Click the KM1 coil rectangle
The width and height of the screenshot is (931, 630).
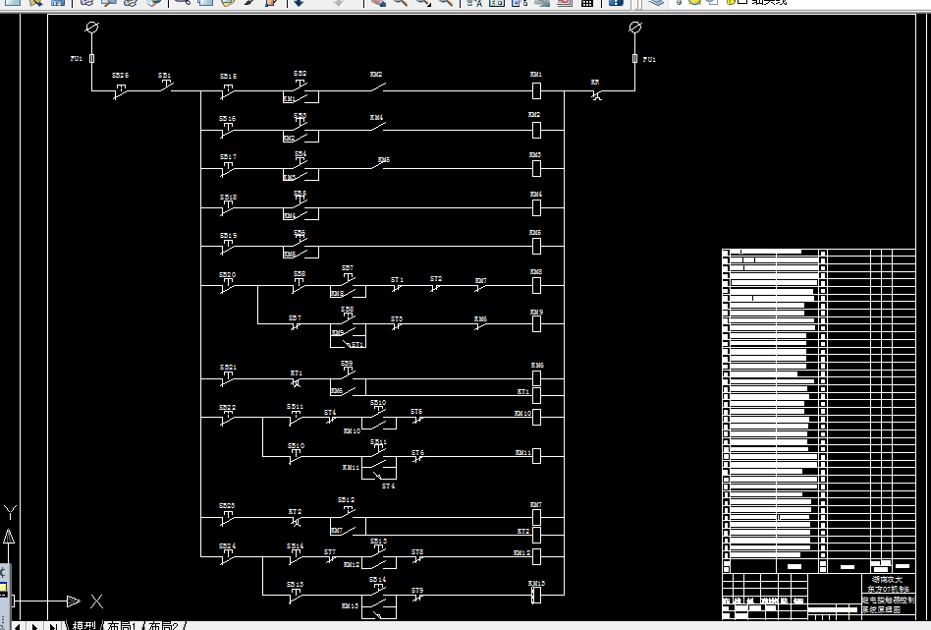tap(536, 91)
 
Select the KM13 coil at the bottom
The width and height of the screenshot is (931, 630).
tap(536, 594)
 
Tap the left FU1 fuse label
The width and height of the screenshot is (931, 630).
tap(76, 59)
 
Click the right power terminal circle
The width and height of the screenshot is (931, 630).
tap(634, 27)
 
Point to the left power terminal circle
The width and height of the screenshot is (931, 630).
tap(92, 27)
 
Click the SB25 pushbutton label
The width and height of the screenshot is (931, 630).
tap(120, 75)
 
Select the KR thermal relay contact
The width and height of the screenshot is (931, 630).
tap(596, 93)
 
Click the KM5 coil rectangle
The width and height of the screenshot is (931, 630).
tap(536, 247)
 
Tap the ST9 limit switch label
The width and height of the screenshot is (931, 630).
tap(417, 591)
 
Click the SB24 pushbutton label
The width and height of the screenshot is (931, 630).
tap(227, 545)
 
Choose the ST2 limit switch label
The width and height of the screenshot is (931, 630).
tap(436, 279)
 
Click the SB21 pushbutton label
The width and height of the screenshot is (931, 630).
tap(227, 368)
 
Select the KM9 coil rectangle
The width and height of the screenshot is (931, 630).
tap(536, 324)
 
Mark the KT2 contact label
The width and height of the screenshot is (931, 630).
tap(295, 512)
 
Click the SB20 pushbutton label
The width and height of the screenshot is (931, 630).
tap(227, 275)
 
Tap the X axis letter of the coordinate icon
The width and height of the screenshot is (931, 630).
tap(97, 601)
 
